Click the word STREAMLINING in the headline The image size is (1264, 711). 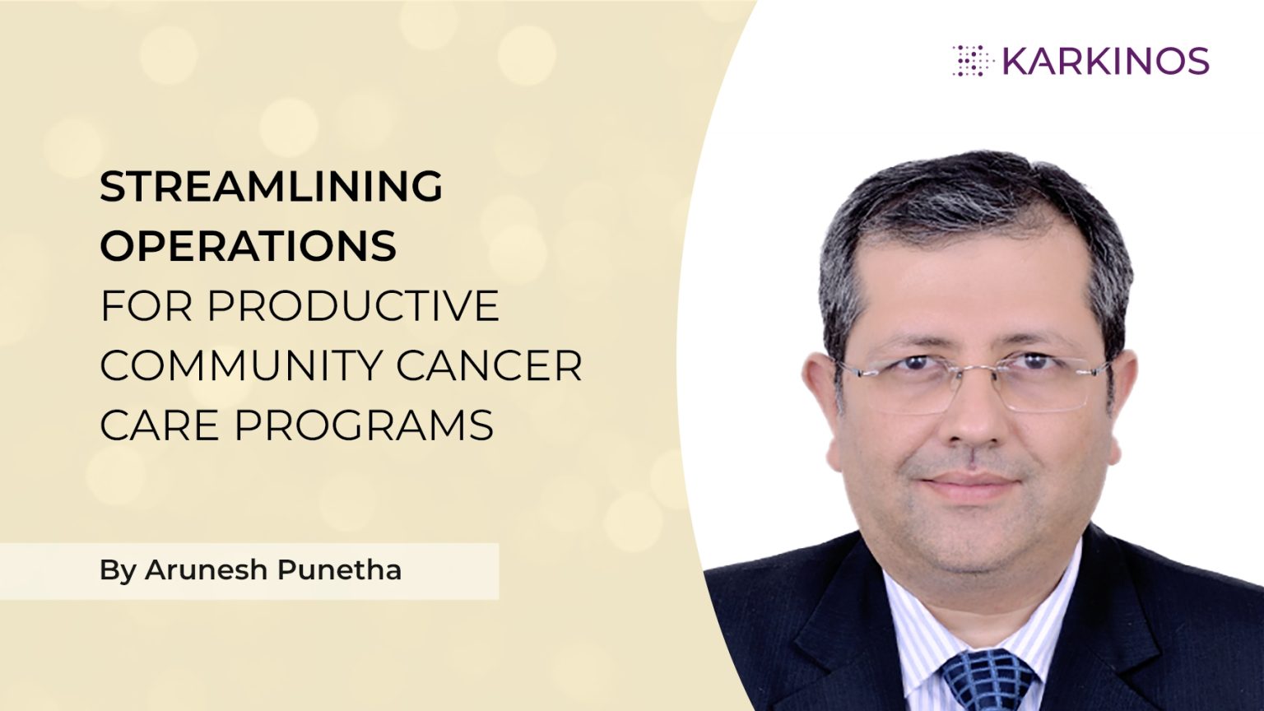(x=271, y=187)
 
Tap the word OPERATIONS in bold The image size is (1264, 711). (x=248, y=246)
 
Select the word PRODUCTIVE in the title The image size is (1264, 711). (x=353, y=306)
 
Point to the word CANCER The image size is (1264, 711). (x=489, y=366)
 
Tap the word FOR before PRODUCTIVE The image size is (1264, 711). (x=146, y=306)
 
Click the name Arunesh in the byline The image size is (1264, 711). (x=206, y=569)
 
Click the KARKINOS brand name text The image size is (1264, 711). (x=1106, y=62)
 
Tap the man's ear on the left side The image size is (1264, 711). (x=818, y=395)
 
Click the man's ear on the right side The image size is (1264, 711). (x=1124, y=395)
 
